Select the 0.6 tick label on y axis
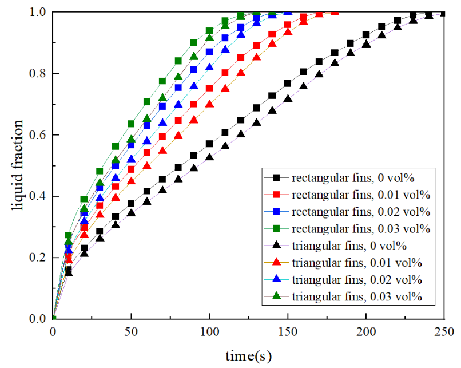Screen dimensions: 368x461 [39, 135]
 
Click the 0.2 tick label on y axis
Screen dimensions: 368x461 [39, 258]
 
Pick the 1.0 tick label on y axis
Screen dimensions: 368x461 [39, 13]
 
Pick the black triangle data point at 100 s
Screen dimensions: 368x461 [209, 156]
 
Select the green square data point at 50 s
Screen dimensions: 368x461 [131, 124]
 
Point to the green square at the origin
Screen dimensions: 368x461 [53, 319]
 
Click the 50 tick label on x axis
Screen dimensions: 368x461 [131, 331]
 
